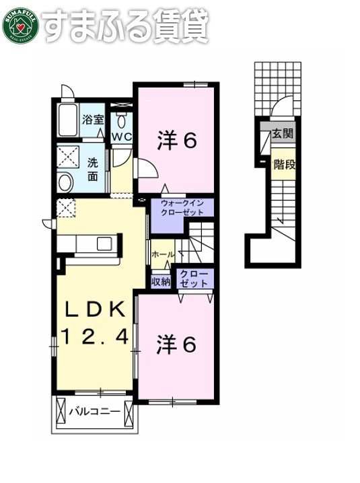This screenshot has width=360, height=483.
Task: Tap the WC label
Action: pos(122,137)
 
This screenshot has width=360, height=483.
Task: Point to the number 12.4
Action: pos(95,336)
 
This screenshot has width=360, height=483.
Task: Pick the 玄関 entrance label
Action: pos(283,134)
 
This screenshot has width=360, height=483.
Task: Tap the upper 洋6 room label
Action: pos(177,141)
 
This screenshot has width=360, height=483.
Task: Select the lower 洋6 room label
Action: pos(176,344)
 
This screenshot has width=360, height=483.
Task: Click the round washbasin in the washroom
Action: pos(65,182)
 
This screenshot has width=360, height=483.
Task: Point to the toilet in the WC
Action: pos(122,122)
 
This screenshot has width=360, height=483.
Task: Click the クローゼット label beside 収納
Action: pos(194,278)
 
